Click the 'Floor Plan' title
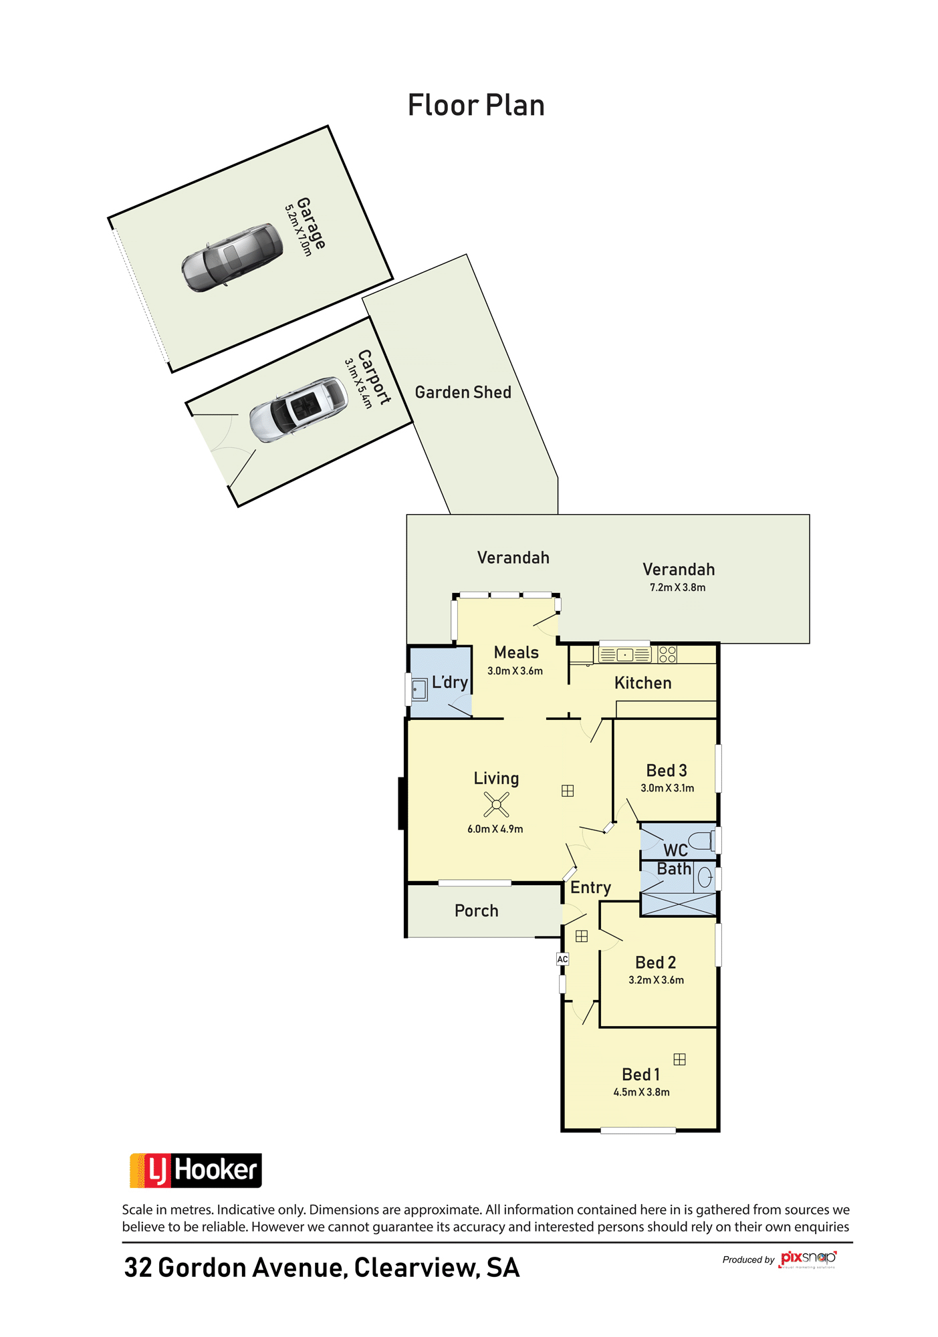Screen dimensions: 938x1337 476,105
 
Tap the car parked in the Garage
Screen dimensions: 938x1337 232,257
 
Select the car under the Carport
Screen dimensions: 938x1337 298,409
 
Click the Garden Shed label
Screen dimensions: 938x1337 463,392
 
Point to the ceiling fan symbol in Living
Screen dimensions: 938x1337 496,804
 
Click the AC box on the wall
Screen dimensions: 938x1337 562,959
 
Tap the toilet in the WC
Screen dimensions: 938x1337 701,840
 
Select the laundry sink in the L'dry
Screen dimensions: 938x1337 419,689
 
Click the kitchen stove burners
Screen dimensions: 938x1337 667,654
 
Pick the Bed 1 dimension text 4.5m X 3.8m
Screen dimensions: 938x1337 641,1092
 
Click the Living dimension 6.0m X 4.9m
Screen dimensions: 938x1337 495,829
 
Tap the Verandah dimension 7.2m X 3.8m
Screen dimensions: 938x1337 677,588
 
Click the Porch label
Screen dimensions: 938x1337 476,910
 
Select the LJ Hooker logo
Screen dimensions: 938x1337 195,1171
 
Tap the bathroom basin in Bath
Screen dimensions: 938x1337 705,877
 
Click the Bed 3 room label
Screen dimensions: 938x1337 667,771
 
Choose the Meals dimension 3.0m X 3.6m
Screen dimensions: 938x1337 515,671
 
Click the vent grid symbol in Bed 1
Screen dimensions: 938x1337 679,1059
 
